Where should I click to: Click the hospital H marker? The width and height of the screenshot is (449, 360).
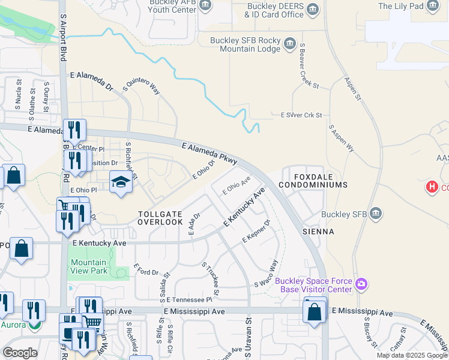(431, 187)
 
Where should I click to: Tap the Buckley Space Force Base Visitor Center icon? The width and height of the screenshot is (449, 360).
(361, 283)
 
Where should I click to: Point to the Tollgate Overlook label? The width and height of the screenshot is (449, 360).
(160, 217)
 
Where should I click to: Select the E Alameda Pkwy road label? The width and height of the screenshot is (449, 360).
(209, 153)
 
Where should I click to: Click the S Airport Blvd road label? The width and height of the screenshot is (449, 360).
(62, 31)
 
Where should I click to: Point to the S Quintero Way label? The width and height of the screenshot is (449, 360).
(142, 86)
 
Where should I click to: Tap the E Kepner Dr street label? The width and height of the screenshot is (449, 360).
(257, 231)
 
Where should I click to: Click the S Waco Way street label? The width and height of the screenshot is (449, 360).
(267, 273)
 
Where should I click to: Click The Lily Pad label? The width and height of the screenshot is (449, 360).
(400, 7)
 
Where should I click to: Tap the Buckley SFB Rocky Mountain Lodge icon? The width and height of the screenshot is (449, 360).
(290, 43)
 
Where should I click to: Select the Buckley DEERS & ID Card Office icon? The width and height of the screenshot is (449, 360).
(313, 8)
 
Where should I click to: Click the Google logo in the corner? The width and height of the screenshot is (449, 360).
(20, 353)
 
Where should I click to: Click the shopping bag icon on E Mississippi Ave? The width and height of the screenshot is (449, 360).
(314, 312)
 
